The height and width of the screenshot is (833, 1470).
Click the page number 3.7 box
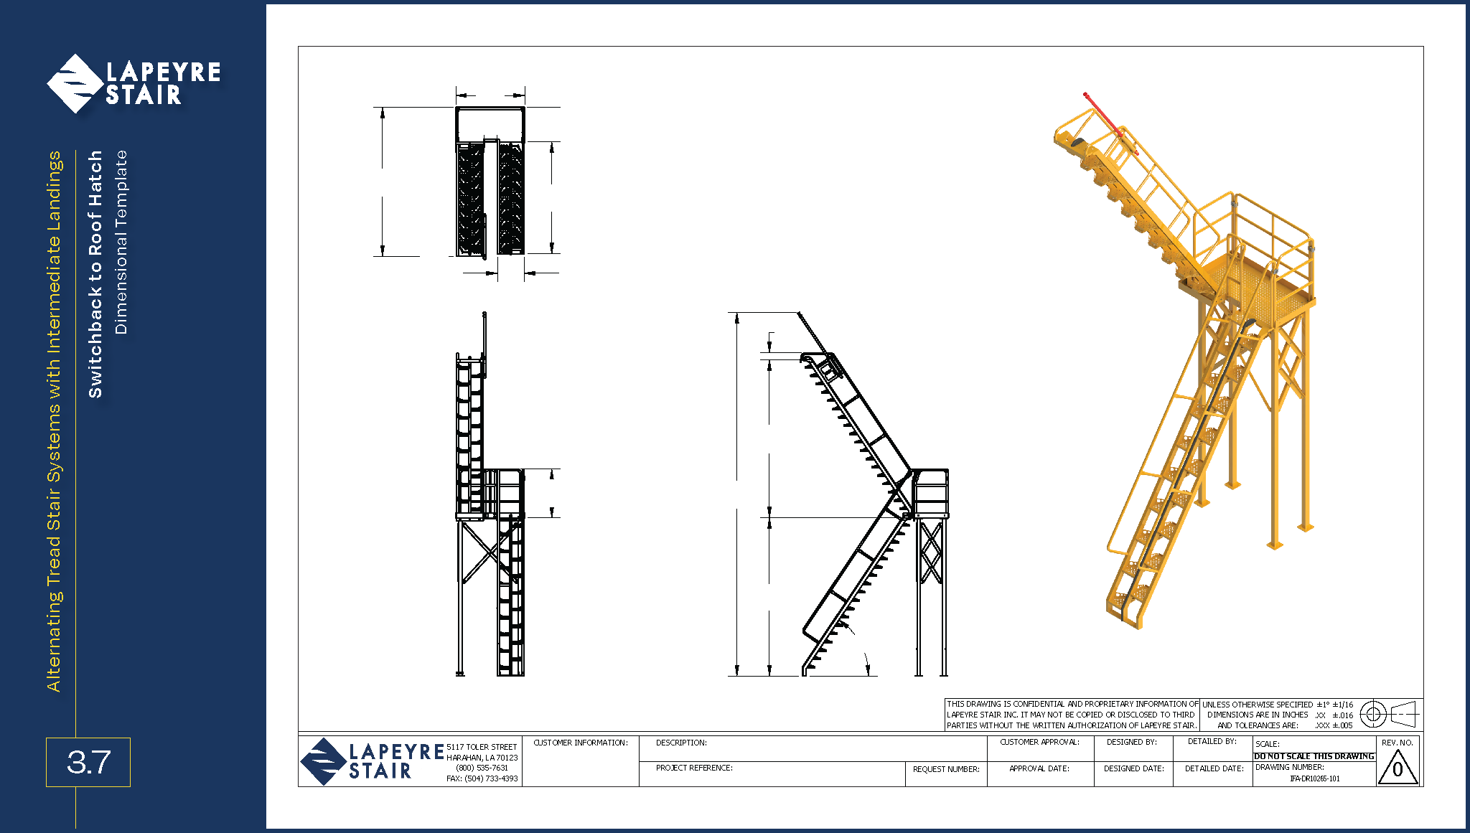(x=88, y=762)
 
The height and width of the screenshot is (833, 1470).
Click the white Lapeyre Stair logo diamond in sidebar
(x=75, y=83)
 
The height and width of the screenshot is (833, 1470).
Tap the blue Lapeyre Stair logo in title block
(x=372, y=761)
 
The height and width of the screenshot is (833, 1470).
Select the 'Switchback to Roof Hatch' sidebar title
(x=95, y=274)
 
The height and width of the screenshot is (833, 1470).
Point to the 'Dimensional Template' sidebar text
(x=121, y=243)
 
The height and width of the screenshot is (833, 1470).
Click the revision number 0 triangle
(x=1398, y=768)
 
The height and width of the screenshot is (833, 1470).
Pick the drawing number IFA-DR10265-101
(x=1314, y=778)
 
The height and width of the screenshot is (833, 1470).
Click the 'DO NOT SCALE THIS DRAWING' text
(x=1314, y=756)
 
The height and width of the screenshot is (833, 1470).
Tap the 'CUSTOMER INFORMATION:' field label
(x=581, y=743)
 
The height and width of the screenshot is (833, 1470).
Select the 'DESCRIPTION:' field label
(x=681, y=743)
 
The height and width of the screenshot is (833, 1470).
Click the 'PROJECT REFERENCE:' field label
(x=694, y=768)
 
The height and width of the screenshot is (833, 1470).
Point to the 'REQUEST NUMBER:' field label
(x=946, y=769)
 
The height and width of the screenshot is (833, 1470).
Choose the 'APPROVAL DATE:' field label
(x=1039, y=768)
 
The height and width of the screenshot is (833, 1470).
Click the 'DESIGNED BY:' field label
(x=1132, y=742)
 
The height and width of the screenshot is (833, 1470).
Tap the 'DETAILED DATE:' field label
(x=1214, y=768)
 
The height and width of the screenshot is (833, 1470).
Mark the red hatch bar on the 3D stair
(x=1110, y=123)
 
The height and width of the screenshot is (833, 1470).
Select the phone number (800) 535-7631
(x=482, y=768)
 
